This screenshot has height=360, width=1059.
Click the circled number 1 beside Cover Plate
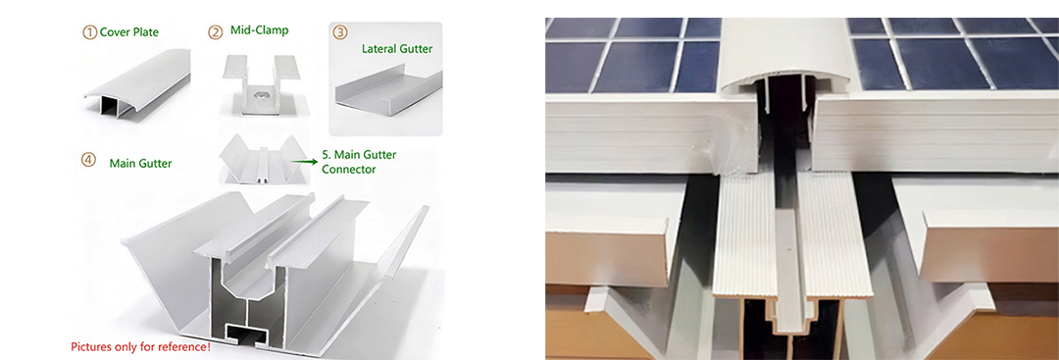(90, 31)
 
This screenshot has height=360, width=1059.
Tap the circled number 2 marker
(215, 31)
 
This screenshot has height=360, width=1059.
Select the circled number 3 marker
(340, 31)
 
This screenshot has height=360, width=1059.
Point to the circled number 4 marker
(88, 160)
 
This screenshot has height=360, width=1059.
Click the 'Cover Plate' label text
(129, 31)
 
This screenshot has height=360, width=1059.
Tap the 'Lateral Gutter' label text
(397, 49)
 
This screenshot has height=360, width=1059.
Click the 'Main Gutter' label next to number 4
(140, 163)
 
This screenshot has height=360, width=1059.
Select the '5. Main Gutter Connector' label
(359, 162)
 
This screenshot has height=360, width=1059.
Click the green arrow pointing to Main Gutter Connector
(305, 161)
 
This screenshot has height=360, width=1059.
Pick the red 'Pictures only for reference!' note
(140, 347)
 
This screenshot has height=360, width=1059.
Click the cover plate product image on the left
(135, 84)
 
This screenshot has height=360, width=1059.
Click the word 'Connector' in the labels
(348, 169)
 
